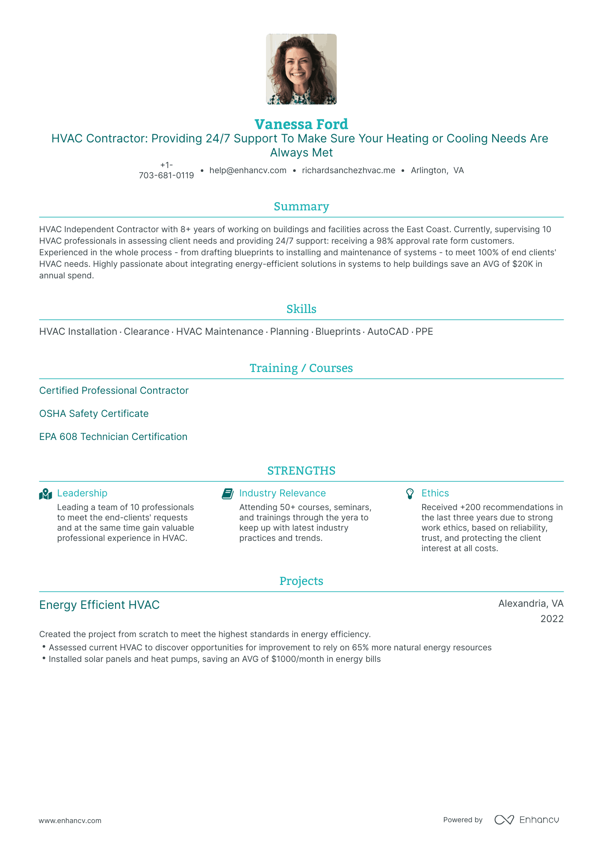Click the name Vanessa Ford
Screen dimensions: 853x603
tap(301, 124)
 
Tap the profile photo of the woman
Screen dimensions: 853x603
tap(301, 69)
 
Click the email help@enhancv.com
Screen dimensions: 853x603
tap(248, 170)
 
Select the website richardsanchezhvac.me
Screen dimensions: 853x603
tap(348, 170)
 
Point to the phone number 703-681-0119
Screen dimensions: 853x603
tap(166, 175)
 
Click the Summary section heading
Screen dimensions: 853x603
tap(301, 207)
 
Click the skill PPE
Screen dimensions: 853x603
tap(424, 331)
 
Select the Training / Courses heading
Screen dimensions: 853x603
tap(301, 368)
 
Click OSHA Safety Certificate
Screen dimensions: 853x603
tap(94, 413)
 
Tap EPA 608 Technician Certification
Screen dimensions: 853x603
tap(113, 437)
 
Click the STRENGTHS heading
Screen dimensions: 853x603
tap(301, 471)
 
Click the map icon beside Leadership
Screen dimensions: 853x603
tap(45, 494)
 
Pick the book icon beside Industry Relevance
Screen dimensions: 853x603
tap(228, 494)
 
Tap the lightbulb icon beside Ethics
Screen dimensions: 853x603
tap(410, 494)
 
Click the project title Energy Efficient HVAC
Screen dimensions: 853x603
tap(99, 605)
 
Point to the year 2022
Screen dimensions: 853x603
tap(552, 619)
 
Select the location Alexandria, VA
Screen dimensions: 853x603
tap(531, 603)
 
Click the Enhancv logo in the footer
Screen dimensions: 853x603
tap(526, 820)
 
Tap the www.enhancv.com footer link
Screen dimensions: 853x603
tap(70, 821)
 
